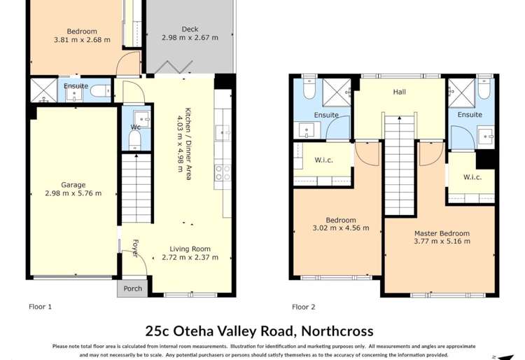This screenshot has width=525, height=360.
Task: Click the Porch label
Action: click(x=132, y=289)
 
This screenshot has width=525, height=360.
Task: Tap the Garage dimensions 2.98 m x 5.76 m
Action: click(x=73, y=194)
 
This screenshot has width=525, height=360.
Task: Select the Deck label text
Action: click(x=190, y=29)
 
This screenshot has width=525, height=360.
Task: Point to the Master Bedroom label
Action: click(x=442, y=233)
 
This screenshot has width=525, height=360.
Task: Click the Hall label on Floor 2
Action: click(x=399, y=92)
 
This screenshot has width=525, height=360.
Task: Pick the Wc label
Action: click(x=135, y=127)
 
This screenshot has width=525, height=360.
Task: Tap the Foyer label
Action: click(x=134, y=249)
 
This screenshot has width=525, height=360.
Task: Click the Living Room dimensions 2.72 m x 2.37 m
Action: click(x=190, y=258)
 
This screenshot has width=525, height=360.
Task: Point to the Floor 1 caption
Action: click(x=40, y=307)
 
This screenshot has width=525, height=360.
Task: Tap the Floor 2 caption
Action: click(x=304, y=307)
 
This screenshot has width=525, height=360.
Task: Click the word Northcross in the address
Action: click(x=336, y=331)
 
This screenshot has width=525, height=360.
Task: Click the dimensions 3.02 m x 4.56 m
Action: click(x=340, y=228)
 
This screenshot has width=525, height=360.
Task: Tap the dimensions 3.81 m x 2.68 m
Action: click(x=82, y=40)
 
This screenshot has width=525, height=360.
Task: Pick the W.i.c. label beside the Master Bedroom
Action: click(x=472, y=177)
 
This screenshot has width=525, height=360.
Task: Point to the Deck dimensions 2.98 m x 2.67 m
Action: click(x=190, y=38)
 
